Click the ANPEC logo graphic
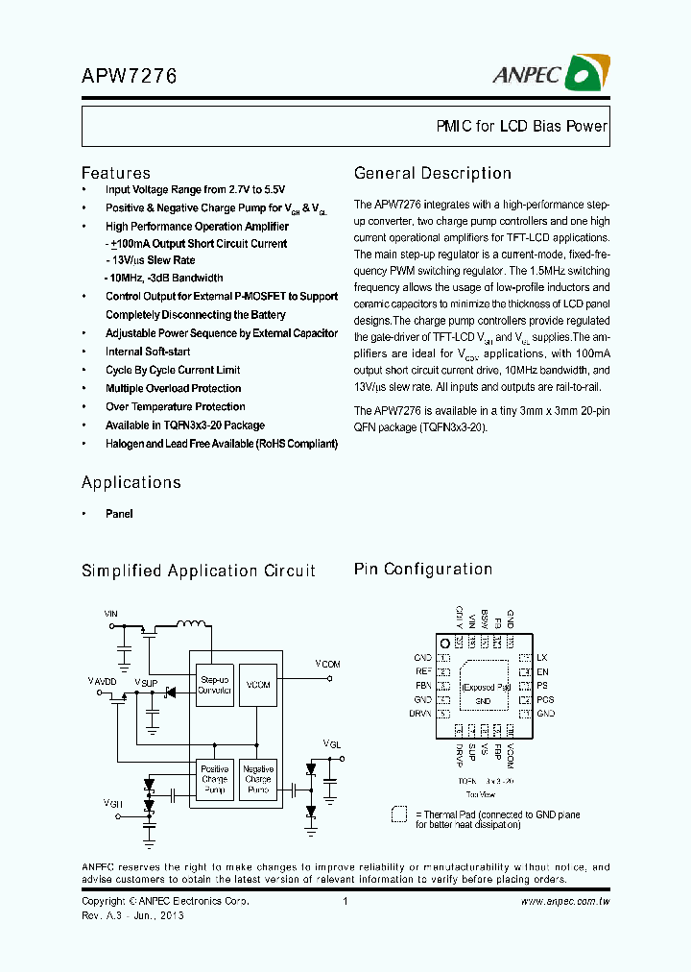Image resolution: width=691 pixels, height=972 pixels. pos(588,73)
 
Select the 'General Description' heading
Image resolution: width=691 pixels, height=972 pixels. pos(433,174)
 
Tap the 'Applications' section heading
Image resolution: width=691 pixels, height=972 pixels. pos(131,482)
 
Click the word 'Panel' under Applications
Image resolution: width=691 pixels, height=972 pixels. pos(119,514)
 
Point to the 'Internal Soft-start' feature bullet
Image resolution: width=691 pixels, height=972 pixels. pos(148,352)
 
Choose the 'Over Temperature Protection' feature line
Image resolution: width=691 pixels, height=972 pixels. pos(175,406)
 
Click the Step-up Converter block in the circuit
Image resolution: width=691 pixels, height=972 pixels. pos(214,685)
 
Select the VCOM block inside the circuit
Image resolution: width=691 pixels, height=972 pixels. pos(258,685)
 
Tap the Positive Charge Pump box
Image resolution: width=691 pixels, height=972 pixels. pos(214,779)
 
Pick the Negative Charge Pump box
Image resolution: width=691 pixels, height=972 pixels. pos(258,779)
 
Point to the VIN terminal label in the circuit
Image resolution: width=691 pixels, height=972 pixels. pos(111,612)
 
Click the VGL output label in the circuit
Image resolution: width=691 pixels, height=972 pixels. pos(331,743)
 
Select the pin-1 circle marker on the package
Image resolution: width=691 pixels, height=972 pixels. pos(444,643)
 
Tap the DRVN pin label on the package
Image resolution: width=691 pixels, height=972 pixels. pos(421,714)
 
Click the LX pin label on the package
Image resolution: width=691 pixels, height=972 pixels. pos(542,657)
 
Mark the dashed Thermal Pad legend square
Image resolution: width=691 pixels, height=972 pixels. pos(399,814)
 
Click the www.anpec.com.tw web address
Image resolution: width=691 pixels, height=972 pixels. pos(565,901)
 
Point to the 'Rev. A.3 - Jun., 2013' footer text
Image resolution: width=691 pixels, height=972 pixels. pos(132,915)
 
